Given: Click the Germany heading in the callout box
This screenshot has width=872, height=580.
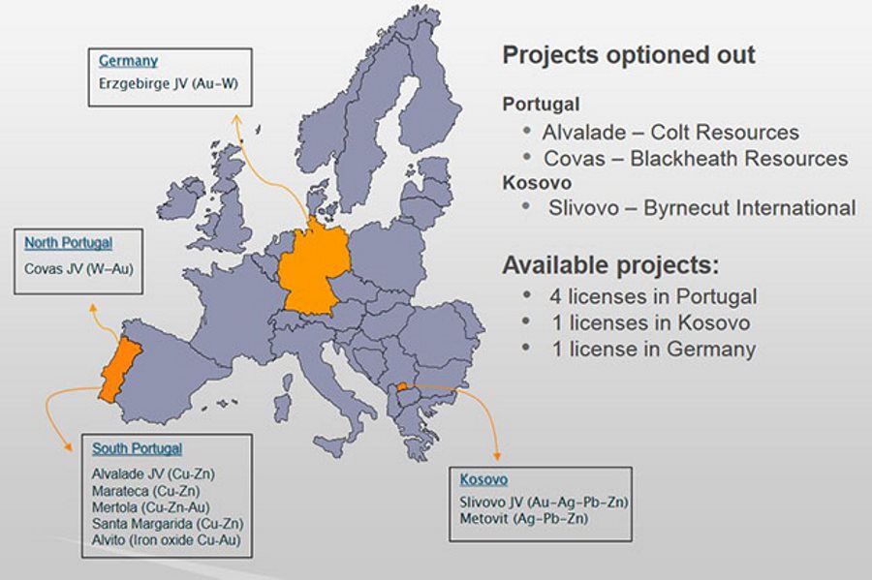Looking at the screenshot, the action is click(x=129, y=61).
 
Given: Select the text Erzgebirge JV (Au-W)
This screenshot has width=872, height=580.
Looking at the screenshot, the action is click(x=169, y=84).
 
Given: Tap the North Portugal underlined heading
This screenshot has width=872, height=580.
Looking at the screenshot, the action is click(x=69, y=243).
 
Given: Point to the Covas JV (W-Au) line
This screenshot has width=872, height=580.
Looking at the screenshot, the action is click(x=79, y=269).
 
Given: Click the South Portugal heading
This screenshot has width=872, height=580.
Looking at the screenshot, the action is click(x=138, y=448).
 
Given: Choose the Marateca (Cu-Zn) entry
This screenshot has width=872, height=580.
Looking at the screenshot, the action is click(x=145, y=491).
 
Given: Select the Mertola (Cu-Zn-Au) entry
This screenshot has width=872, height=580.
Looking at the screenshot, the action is click(x=151, y=507).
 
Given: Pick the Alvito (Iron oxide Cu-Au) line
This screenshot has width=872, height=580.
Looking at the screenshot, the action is click(x=167, y=540).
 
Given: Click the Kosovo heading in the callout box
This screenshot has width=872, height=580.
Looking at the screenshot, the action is click(x=483, y=479).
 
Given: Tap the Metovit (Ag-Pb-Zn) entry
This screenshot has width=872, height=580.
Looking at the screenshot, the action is click(x=524, y=519).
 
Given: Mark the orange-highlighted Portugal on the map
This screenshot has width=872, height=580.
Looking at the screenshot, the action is click(x=119, y=370).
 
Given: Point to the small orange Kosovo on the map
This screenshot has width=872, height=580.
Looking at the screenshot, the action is click(x=401, y=386).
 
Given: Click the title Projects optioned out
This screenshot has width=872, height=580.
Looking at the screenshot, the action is click(x=629, y=55).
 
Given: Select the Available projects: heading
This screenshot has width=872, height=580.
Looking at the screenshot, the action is click(x=610, y=265).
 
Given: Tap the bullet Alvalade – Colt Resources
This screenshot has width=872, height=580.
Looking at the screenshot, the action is click(x=670, y=133).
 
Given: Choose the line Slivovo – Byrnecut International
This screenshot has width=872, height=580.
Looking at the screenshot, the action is click(x=701, y=208).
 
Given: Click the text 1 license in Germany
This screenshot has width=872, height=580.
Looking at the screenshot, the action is click(x=654, y=349).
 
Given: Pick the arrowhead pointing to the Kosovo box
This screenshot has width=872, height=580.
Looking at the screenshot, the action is click(x=497, y=456).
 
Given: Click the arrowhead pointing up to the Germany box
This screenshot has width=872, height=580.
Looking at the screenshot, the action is click(x=237, y=119).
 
